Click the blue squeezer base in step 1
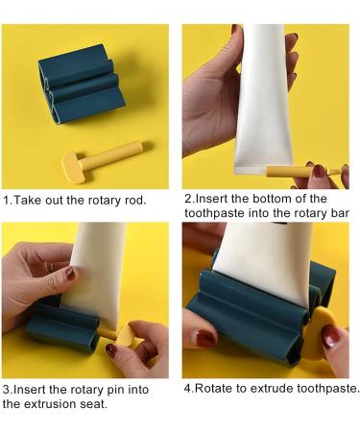[81, 84]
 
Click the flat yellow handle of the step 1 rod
[73, 168]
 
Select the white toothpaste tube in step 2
[263, 99]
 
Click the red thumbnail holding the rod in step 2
[319, 171]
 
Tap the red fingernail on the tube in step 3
[70, 274]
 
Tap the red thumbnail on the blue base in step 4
[204, 339]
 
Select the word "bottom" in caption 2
[272, 199]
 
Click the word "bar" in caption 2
[340, 213]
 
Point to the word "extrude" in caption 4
[272, 389]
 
